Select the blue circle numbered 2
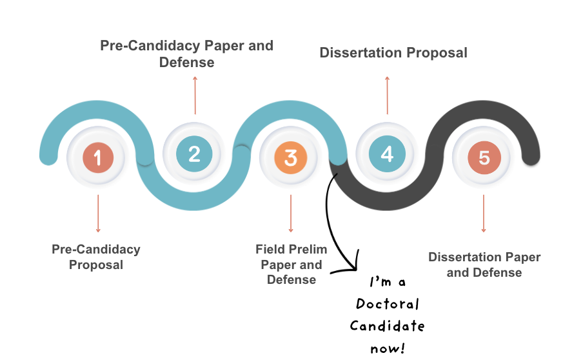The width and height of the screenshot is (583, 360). pyautogui.click(x=194, y=154)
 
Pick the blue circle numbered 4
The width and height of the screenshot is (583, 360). pyautogui.click(x=387, y=154)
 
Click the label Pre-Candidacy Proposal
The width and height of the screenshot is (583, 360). pyautogui.click(x=96, y=257)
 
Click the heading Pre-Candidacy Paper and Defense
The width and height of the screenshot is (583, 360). pyautogui.click(x=186, y=54)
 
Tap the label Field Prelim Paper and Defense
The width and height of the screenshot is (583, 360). pyautogui.click(x=291, y=264)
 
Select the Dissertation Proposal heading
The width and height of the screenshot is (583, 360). pyautogui.click(x=393, y=52)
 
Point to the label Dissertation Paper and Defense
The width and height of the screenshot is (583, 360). pyautogui.click(x=484, y=265)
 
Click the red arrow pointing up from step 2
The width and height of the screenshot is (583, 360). pyautogui.click(x=195, y=95)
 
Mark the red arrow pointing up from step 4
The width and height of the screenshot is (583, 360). pyautogui.click(x=388, y=95)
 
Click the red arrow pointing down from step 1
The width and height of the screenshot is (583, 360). pyautogui.click(x=98, y=213)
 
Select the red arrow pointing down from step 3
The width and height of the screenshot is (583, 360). pyautogui.click(x=291, y=213)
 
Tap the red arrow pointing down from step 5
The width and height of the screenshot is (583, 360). pyautogui.click(x=484, y=213)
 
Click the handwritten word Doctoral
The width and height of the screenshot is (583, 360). pyautogui.click(x=387, y=304)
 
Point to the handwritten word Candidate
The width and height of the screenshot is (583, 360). pyautogui.click(x=387, y=326)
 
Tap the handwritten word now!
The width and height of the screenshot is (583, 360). pyautogui.click(x=388, y=348)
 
